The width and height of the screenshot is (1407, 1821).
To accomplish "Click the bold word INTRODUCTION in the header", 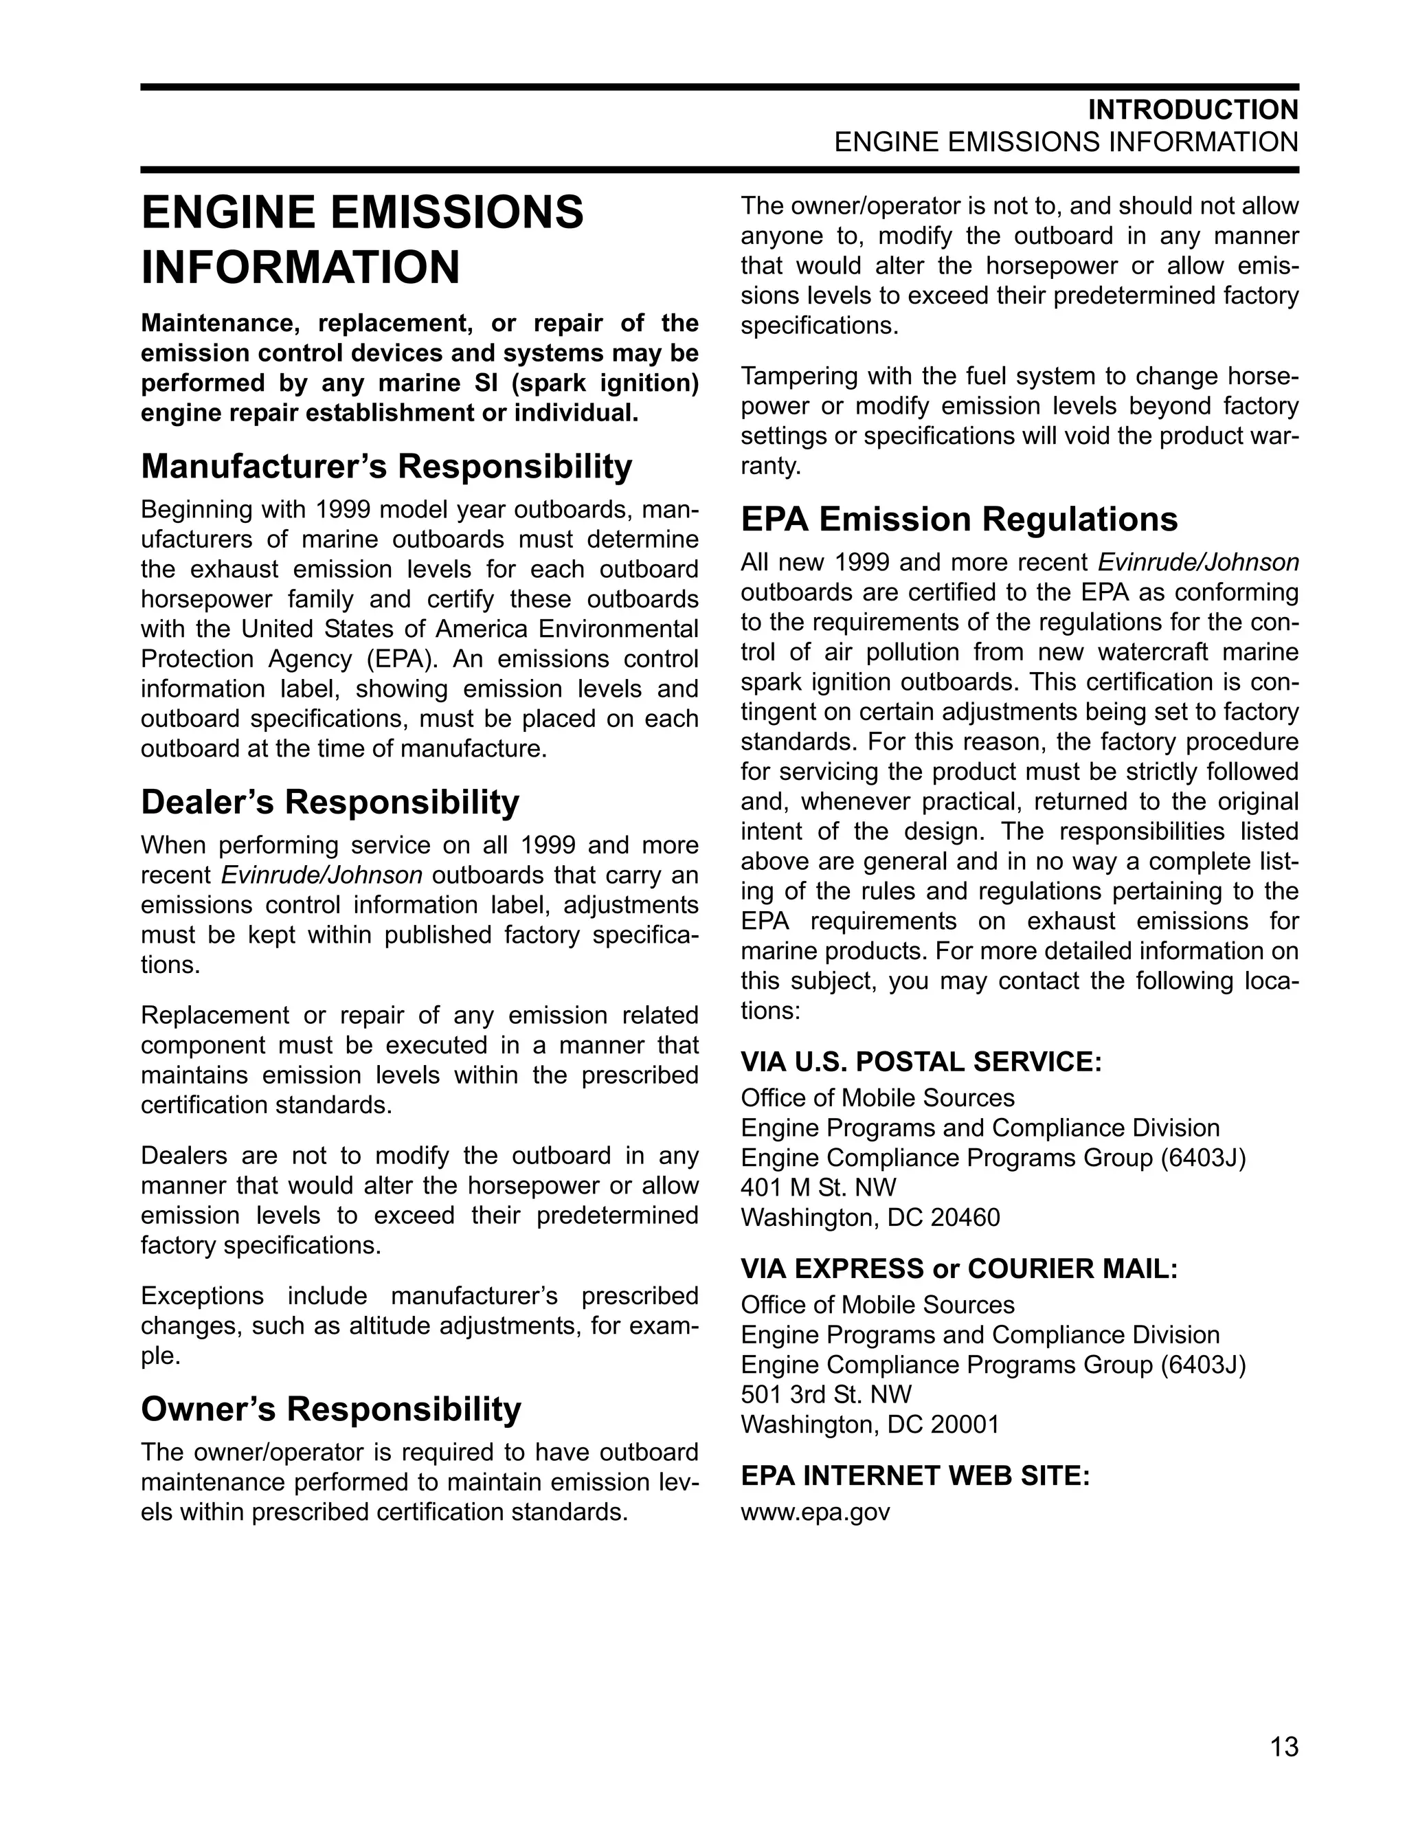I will coord(1193,110).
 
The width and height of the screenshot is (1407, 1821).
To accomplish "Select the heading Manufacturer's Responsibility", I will coord(386,466).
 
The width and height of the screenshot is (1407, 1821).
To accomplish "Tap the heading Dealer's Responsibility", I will coord(329,802).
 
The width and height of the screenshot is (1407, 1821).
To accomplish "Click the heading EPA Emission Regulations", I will coord(958,520).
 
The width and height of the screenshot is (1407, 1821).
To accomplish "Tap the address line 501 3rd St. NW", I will coord(825,1394).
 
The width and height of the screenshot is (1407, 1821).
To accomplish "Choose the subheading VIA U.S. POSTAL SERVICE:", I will coord(921,1062).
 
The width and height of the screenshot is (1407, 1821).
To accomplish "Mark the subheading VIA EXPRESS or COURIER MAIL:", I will coord(958,1269).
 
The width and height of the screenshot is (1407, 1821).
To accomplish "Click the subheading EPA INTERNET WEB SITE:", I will coord(914,1476).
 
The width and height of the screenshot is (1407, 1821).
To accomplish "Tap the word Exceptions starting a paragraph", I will coord(202,1297).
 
